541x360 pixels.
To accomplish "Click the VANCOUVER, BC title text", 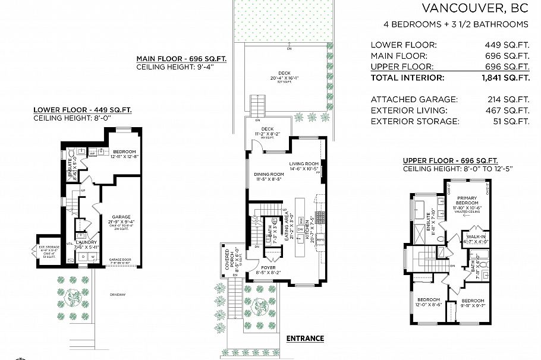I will click(475, 8).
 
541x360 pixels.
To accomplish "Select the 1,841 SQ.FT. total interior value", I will click(507, 78).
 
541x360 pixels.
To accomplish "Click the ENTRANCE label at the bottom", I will click(305, 339).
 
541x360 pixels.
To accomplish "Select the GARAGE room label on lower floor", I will click(121, 217).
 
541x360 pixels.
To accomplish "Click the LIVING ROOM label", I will click(304, 163).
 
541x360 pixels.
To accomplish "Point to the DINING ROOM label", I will click(263, 174).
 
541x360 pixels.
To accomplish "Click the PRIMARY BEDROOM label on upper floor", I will click(467, 200).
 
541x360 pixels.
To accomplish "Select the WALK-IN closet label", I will click(476, 236).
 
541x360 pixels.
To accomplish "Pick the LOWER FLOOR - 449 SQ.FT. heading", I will click(83, 110).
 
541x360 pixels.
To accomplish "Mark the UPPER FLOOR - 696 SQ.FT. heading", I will click(450, 161).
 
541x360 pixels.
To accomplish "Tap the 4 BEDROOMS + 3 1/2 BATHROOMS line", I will click(456, 24).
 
